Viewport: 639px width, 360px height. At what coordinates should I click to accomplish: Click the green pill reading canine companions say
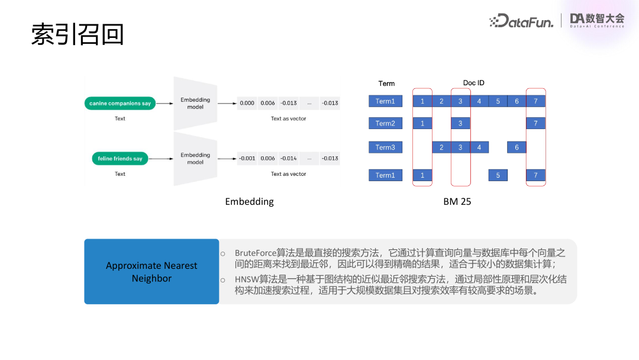120,104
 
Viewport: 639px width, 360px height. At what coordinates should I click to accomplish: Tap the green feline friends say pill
120,159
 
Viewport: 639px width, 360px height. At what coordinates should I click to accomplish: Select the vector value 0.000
247,103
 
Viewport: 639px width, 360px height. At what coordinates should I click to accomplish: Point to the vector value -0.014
289,159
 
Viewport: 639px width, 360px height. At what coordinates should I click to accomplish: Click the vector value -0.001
247,159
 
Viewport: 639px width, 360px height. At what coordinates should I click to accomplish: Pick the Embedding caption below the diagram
249,201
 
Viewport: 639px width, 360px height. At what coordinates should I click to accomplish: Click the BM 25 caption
457,201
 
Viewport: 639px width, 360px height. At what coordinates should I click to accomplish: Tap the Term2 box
385,123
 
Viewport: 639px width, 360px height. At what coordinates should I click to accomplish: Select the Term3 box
385,147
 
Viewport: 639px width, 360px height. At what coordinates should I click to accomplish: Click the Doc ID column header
473,83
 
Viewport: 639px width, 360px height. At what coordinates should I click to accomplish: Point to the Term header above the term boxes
386,83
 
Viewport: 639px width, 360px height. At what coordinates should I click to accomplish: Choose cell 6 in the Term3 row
517,147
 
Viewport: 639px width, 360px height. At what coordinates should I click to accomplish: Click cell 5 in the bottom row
498,175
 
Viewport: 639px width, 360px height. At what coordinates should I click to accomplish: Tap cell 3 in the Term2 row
460,123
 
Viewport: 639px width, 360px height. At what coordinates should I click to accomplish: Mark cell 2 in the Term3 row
441,147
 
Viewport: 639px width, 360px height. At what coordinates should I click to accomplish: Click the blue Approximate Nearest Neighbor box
151,272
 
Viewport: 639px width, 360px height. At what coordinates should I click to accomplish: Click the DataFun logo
522,21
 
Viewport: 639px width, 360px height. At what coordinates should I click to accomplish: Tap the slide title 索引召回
78,34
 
